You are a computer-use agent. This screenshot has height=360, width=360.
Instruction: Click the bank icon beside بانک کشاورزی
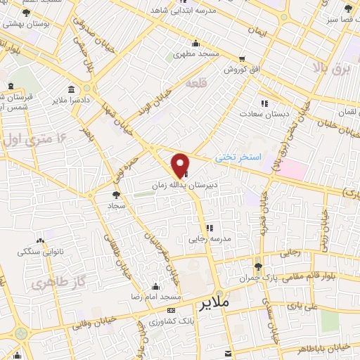[x=172, y=310]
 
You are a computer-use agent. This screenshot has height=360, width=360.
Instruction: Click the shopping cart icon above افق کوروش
[x=243, y=59]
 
